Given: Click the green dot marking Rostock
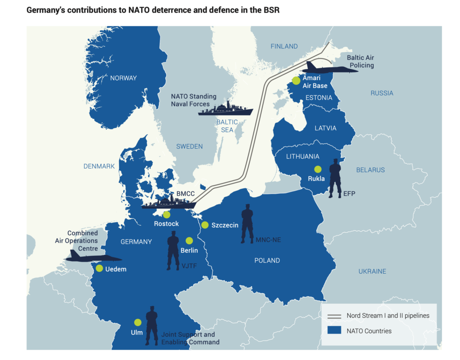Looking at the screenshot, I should [167, 214].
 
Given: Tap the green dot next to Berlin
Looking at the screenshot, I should [189, 240].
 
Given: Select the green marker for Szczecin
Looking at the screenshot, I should [205, 225].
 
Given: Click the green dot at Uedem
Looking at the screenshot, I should [99, 268].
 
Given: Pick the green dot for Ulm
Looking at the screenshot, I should [137, 322].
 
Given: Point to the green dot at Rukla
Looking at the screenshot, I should [318, 169].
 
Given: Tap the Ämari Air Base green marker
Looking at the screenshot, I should [296, 80].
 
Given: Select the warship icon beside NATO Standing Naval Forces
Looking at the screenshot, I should [226, 109].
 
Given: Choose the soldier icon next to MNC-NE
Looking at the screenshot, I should [247, 224].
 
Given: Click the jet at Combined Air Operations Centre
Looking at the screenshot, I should [93, 257].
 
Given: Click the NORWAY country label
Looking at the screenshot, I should [124, 78].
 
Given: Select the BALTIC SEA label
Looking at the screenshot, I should [227, 125].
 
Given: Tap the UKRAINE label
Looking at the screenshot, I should [372, 271].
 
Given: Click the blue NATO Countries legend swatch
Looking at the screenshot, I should [334, 330].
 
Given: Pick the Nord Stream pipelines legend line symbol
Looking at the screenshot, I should [334, 316].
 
